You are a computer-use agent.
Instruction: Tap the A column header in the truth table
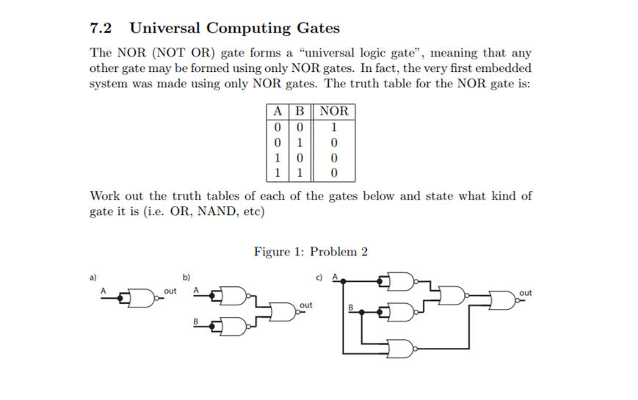(x=276, y=111)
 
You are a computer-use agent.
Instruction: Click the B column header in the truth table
(x=299, y=111)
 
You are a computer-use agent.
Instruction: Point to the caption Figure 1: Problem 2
(x=311, y=252)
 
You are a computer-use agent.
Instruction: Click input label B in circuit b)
(x=196, y=321)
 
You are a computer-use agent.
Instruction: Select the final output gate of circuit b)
(x=283, y=310)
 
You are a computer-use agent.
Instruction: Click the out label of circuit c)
(x=525, y=292)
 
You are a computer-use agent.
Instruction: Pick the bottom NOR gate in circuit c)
(x=401, y=348)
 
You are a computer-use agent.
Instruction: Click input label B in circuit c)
(x=350, y=307)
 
